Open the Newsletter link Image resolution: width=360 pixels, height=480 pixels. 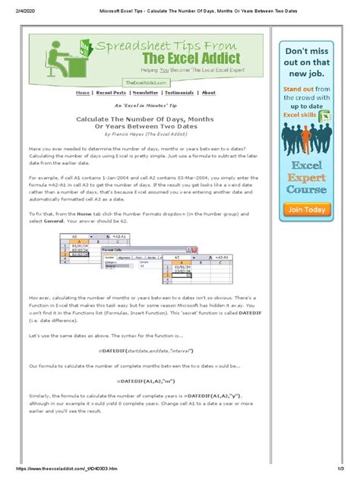pos(145,93)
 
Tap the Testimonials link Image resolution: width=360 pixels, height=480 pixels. pos(179,93)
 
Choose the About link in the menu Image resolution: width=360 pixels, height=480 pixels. pos(208,93)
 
